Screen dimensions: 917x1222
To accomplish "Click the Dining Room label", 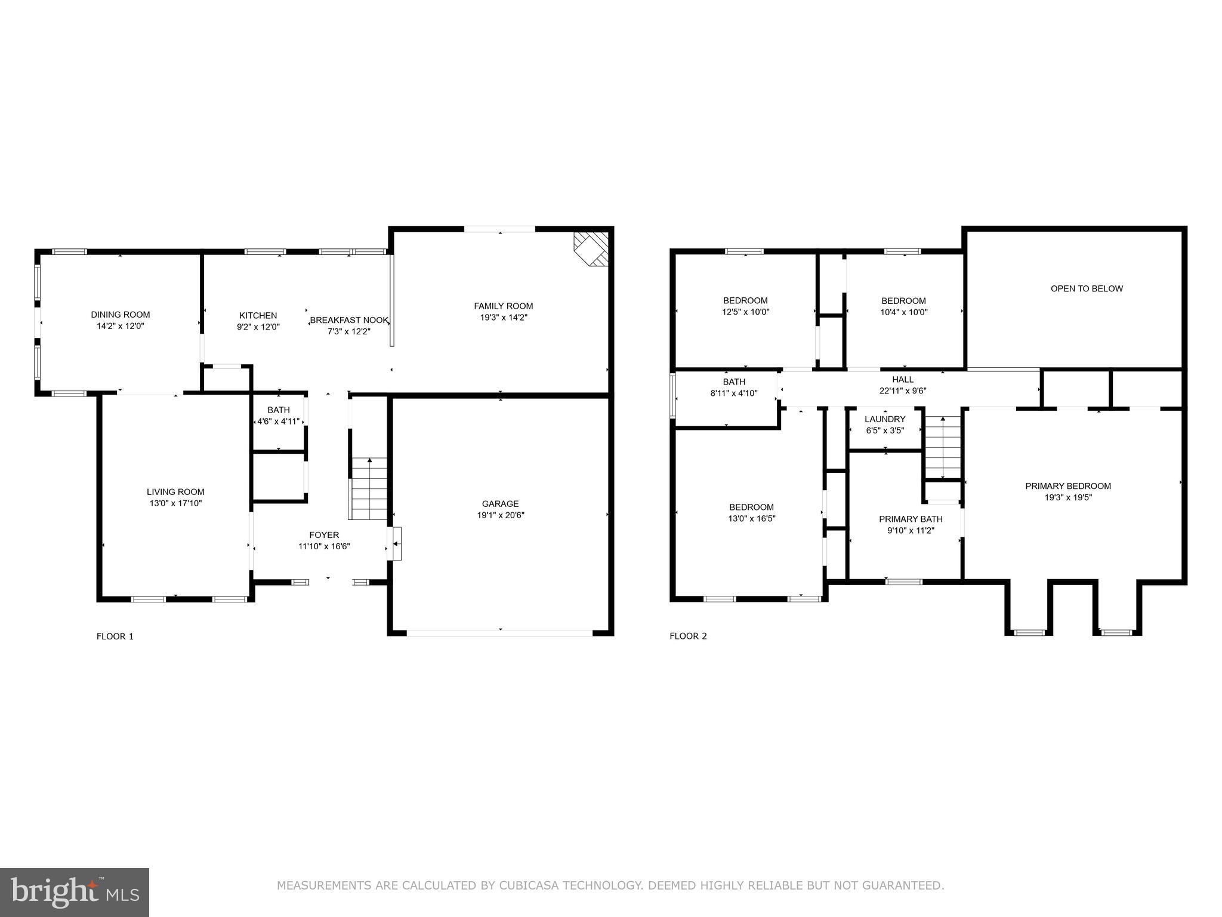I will [x=120, y=315].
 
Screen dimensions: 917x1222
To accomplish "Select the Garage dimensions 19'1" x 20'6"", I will [x=500, y=515].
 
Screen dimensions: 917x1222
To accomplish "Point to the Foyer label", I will [x=324, y=535].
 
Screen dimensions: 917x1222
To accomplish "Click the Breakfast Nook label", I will [x=349, y=320].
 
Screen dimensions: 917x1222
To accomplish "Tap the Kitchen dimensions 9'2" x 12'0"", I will [x=258, y=327].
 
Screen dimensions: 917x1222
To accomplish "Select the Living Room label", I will [x=175, y=492].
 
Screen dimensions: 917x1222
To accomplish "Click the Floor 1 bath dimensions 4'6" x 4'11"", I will [x=278, y=421].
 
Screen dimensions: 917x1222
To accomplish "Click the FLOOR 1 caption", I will [x=115, y=636].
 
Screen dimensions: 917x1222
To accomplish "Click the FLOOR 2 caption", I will [x=688, y=636].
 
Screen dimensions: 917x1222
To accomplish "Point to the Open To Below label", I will [x=1087, y=289].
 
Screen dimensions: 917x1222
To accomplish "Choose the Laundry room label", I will [x=885, y=419].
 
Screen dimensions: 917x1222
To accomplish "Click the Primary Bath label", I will [x=911, y=519].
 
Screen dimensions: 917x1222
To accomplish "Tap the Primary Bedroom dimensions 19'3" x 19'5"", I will [x=1068, y=497].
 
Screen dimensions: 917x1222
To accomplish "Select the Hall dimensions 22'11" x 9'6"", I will [x=902, y=391].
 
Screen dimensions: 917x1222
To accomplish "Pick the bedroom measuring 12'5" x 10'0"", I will [x=745, y=306].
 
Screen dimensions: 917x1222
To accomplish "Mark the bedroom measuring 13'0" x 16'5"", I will [x=751, y=513].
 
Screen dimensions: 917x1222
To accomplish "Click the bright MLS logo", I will [x=75, y=893].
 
